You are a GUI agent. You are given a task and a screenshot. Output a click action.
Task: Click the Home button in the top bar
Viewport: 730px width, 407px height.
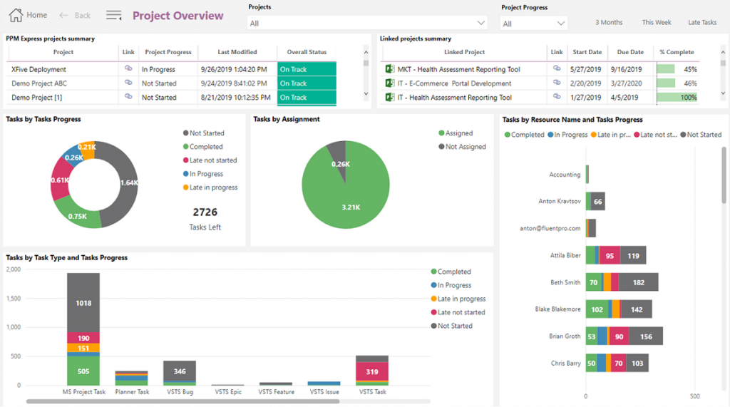pos(29,15)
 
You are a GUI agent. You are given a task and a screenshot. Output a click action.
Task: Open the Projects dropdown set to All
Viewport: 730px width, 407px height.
pos(367,24)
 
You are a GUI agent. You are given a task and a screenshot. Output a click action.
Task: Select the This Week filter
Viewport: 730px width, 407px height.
pos(656,23)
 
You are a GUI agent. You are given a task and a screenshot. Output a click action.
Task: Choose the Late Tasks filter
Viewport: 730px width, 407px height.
pos(701,23)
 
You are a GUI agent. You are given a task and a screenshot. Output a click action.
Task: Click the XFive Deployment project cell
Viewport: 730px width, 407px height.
pos(39,70)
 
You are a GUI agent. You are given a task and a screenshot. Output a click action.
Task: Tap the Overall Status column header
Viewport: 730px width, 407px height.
pos(307,52)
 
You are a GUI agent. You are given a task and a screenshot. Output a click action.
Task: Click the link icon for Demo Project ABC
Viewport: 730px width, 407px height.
pos(128,83)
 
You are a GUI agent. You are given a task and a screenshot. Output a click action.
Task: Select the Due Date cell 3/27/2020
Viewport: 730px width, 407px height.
pos(629,83)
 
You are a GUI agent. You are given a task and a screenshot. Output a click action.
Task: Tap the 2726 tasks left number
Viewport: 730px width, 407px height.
pos(205,212)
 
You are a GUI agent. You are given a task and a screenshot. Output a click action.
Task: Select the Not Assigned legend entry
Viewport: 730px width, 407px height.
pos(465,147)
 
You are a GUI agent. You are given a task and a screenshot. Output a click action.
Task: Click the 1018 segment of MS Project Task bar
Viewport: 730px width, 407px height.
pos(83,303)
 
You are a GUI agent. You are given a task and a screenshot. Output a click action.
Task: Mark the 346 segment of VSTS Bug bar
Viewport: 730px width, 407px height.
pos(180,371)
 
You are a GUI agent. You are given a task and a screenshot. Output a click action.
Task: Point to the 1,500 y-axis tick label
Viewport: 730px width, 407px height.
pos(13,299)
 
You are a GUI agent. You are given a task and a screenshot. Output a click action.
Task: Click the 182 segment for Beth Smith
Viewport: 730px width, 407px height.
pos(638,282)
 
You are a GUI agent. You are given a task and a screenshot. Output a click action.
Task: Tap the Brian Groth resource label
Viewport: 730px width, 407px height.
pos(565,336)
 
